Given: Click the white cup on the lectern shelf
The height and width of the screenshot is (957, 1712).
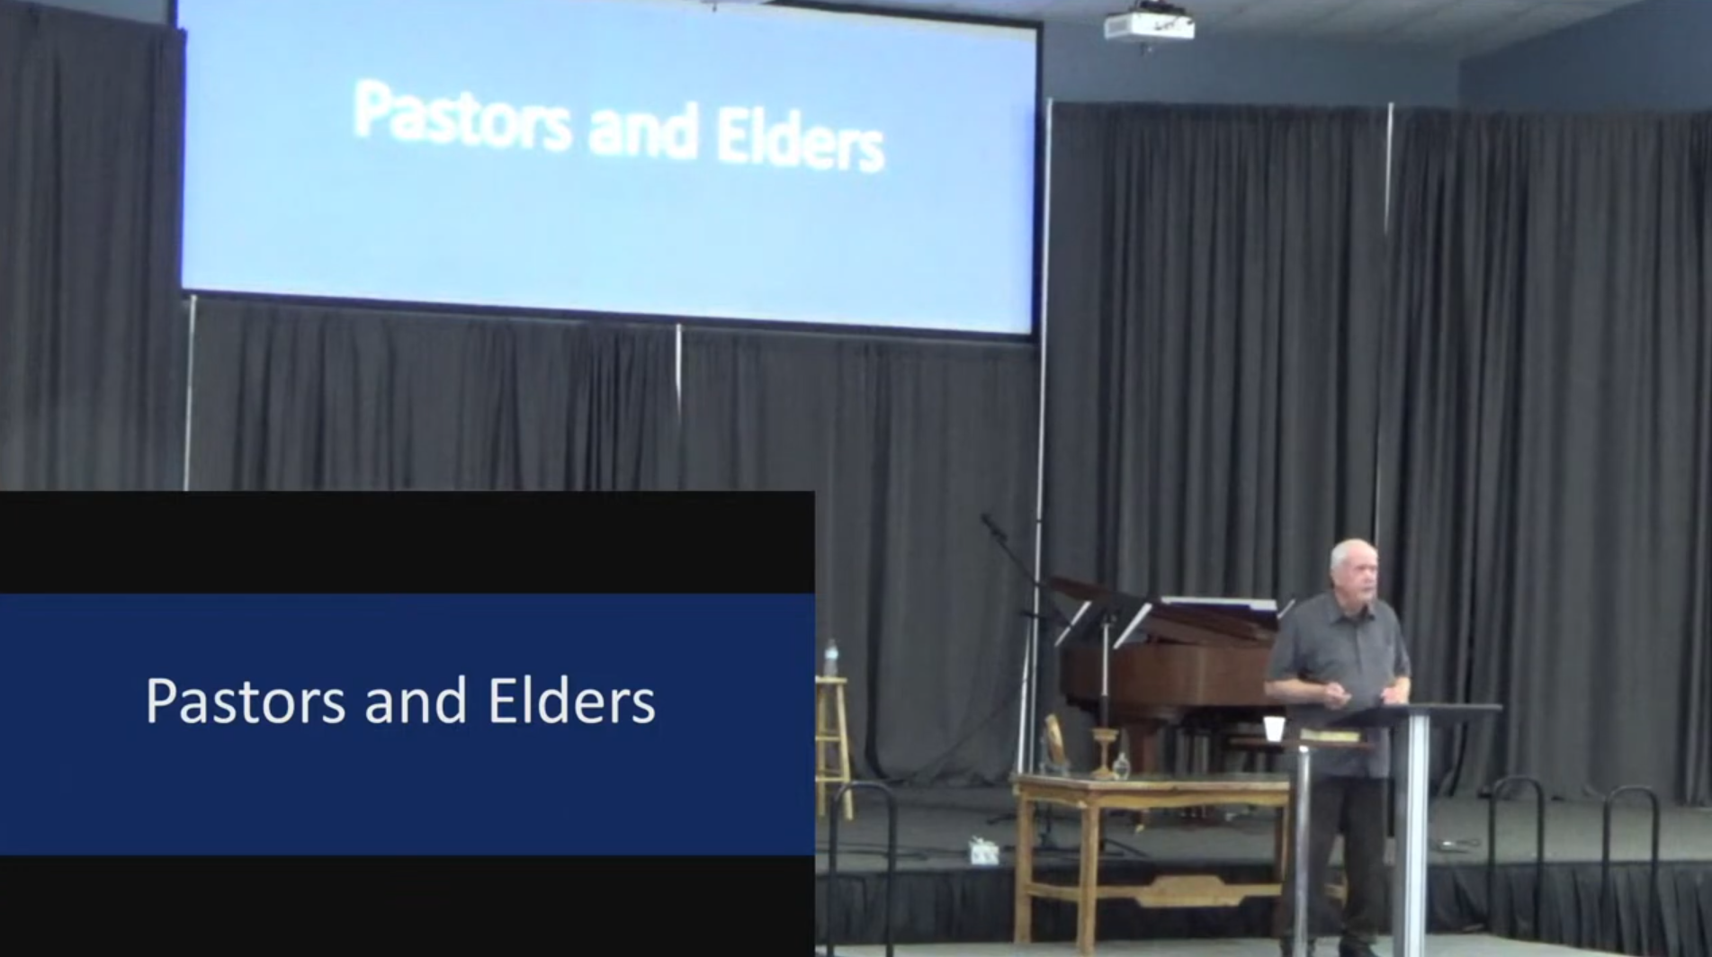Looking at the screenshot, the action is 1272,729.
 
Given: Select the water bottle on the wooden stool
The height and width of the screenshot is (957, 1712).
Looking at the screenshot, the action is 830,657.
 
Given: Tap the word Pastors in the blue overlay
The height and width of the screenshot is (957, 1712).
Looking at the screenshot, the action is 246,702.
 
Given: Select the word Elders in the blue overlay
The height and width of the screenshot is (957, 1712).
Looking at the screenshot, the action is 572,701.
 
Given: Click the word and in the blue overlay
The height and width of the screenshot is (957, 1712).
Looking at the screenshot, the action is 417,701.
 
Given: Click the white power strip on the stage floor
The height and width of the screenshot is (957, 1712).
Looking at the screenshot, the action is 982,850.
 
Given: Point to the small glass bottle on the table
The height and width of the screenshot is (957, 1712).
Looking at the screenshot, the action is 1121,765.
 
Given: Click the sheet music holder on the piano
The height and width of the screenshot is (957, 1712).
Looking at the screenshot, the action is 1219,604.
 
